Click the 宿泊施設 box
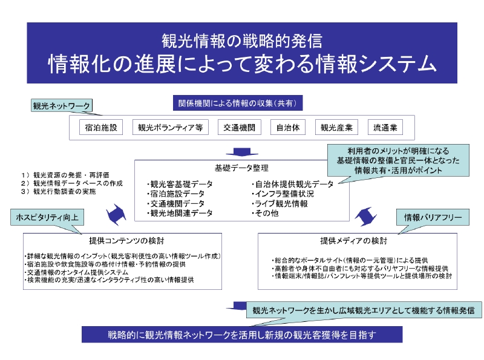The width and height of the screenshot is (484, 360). tap(101, 128)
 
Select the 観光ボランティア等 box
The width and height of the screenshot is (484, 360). tap(170, 128)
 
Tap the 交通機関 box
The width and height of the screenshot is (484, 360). tap(238, 128)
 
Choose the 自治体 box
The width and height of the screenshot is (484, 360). tap(287, 128)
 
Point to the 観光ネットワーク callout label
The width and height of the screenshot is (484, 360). tap(61, 106)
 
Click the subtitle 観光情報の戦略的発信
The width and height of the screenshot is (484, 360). tap(241, 41)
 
